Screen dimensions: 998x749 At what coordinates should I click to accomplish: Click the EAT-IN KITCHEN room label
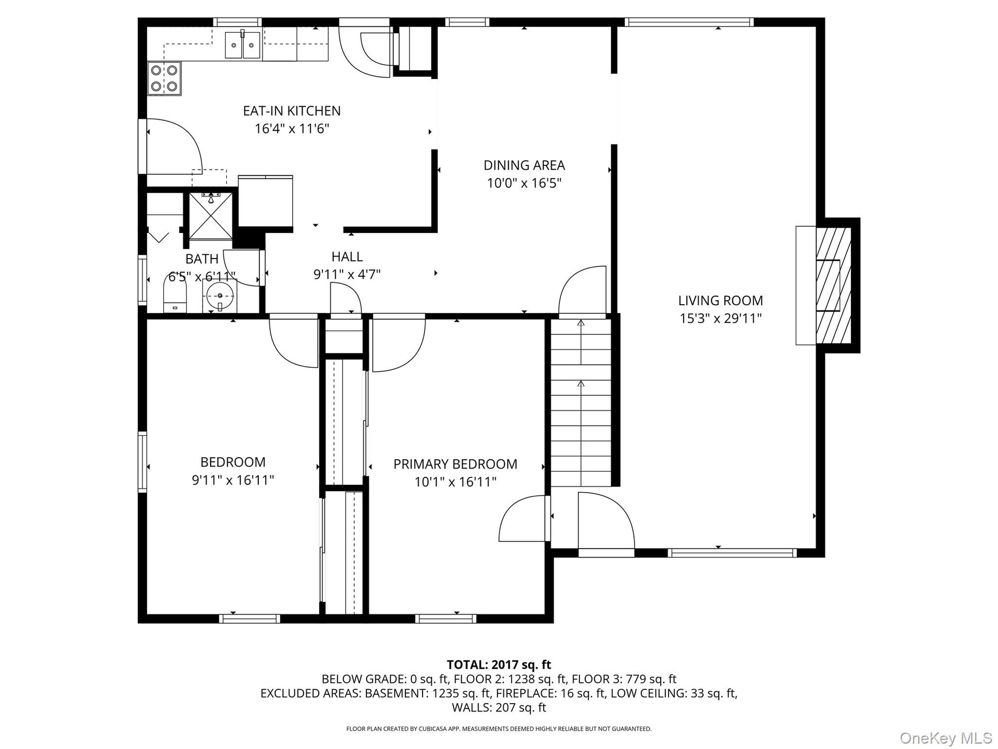tap(292, 111)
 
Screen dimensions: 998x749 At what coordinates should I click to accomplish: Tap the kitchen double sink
tap(243, 45)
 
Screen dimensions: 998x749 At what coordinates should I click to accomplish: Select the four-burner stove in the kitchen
tap(165, 78)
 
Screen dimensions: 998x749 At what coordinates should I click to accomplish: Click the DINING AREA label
tap(524, 165)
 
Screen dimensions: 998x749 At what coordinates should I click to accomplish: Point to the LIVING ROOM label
tap(720, 301)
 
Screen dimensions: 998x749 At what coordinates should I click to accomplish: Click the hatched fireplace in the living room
tap(833, 285)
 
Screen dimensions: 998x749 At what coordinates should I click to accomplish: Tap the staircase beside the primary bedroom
tap(581, 403)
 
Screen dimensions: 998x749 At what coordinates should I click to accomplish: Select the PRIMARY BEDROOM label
tap(455, 464)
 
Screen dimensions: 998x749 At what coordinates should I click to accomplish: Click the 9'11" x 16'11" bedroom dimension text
tap(233, 480)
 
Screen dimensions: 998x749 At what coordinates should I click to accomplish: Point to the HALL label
tap(347, 256)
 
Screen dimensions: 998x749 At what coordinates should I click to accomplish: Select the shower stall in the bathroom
tap(211, 215)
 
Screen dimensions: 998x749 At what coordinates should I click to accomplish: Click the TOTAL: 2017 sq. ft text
tap(499, 665)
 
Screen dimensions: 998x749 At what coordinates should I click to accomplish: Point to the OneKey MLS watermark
tap(946, 738)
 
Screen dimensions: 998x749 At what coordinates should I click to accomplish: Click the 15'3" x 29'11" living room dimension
tap(720, 318)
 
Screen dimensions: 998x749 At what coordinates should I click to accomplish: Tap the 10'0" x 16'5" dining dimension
tap(524, 183)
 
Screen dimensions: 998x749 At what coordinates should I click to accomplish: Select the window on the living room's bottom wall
tap(732, 552)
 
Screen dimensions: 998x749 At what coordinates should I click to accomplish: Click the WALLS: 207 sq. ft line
tap(499, 707)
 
